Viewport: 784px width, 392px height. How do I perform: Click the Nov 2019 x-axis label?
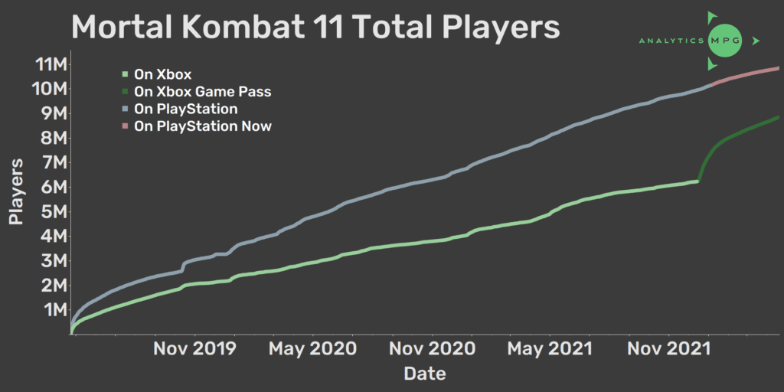point(194,348)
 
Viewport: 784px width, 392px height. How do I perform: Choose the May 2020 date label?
point(312,348)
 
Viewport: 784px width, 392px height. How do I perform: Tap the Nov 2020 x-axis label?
point(433,348)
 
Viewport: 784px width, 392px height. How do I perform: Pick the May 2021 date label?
point(550,348)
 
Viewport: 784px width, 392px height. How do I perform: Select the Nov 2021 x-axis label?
point(668,348)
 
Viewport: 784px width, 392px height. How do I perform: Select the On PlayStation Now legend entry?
point(203,126)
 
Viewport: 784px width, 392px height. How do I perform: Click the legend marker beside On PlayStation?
point(124,109)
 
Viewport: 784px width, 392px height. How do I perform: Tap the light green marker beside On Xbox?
point(124,75)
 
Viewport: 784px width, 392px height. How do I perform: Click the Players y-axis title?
point(17,191)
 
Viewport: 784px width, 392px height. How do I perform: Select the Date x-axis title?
point(425,374)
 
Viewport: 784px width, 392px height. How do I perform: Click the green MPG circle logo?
point(724,41)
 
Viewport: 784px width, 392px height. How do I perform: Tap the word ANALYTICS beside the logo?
point(671,41)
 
